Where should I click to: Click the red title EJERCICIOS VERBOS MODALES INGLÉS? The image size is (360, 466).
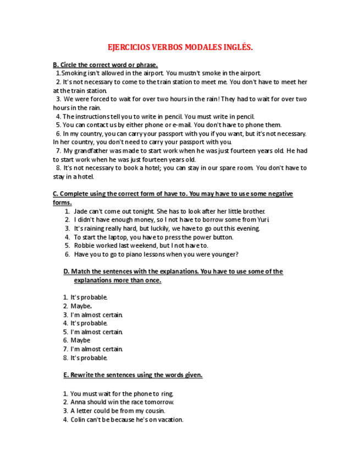(180, 47)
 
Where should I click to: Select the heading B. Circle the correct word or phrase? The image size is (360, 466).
(105, 65)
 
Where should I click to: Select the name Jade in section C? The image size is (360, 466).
(80, 211)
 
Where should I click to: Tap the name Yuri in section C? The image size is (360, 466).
(263, 220)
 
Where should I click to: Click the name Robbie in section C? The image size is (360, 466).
(84, 246)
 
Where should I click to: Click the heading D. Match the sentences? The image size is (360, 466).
(173, 271)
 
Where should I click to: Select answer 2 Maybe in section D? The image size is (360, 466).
(81, 306)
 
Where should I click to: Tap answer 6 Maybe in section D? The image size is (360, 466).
(80, 341)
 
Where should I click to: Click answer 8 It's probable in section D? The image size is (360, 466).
(88, 358)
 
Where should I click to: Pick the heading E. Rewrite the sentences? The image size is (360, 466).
(133, 375)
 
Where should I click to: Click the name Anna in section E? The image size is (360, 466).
(78, 402)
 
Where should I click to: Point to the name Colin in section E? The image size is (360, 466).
(79, 420)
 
